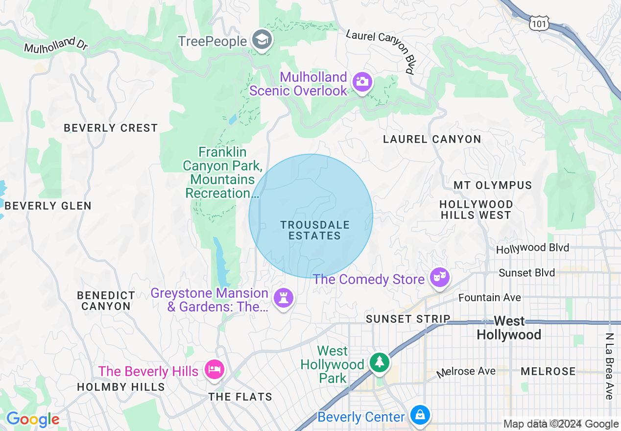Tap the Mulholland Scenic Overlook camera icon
coord(362,82)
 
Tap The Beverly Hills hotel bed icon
coord(214,369)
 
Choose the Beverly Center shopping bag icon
coord(420,415)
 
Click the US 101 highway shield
coord(539,23)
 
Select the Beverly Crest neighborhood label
coord(111,128)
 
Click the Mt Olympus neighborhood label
coord(493,185)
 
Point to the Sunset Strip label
coord(408,319)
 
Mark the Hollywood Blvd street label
coord(532,248)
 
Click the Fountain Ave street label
coord(490,297)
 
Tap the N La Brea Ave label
coord(609,366)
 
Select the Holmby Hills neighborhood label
coord(121,387)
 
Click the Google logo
coord(33,420)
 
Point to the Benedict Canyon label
coord(106,301)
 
